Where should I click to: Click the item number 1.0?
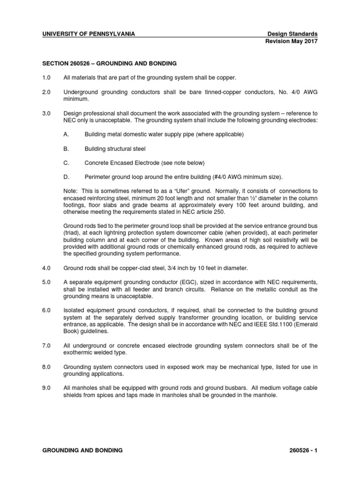(48, 76)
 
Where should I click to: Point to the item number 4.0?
(48, 268)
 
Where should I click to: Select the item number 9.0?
(48, 388)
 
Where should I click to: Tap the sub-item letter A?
(66, 135)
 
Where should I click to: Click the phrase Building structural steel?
(115, 149)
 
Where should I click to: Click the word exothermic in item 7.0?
(78, 352)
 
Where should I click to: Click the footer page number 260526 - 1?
(300, 450)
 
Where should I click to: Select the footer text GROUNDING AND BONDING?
(82, 450)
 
